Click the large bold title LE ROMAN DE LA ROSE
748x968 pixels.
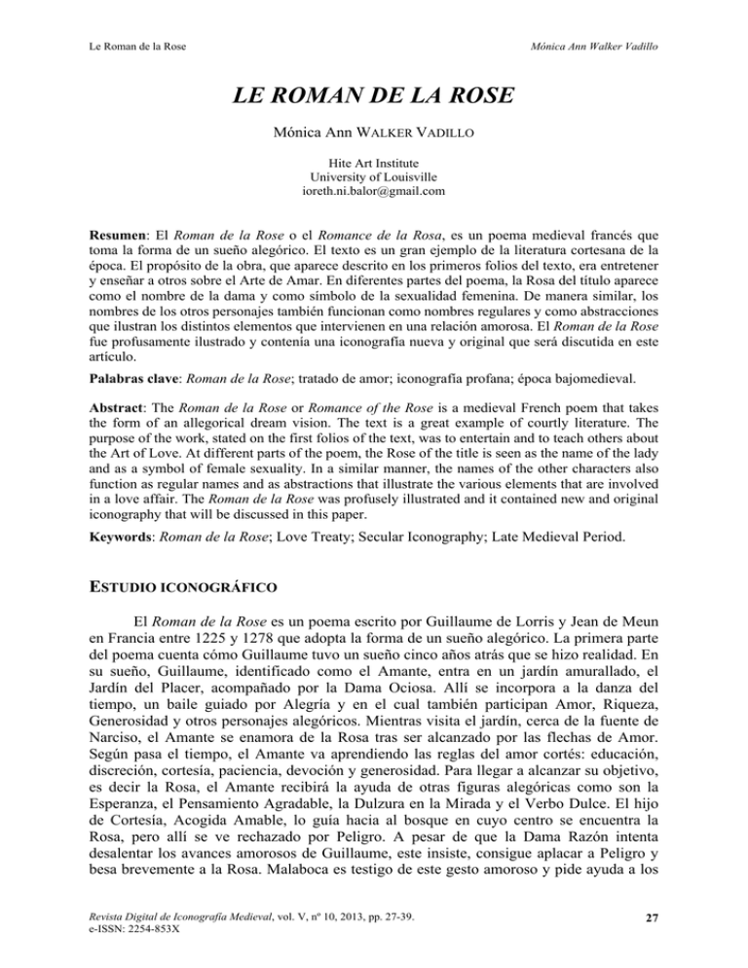(x=374, y=99)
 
